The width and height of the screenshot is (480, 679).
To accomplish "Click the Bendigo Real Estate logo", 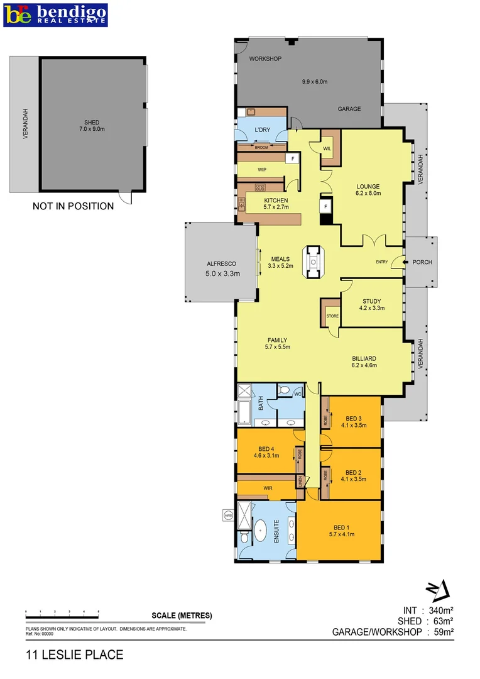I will [55, 14].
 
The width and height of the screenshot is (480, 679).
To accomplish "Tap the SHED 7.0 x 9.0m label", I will [92, 126].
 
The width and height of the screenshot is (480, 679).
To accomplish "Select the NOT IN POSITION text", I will [73, 206].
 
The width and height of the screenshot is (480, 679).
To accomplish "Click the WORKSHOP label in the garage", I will [265, 59].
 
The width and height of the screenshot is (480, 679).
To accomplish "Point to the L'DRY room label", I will [262, 130].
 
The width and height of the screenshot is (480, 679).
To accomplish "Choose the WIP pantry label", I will [262, 170].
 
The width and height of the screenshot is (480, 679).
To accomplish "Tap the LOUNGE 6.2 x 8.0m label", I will [368, 190].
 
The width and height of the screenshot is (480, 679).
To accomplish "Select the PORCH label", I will [422, 262].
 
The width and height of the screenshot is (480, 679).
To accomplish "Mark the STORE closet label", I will [332, 316].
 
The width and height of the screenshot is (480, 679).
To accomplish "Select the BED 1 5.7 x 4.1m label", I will [341, 531].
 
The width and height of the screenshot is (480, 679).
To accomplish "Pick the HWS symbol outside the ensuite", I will [227, 516].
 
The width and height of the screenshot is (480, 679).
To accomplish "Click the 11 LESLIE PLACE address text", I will [75, 655].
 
